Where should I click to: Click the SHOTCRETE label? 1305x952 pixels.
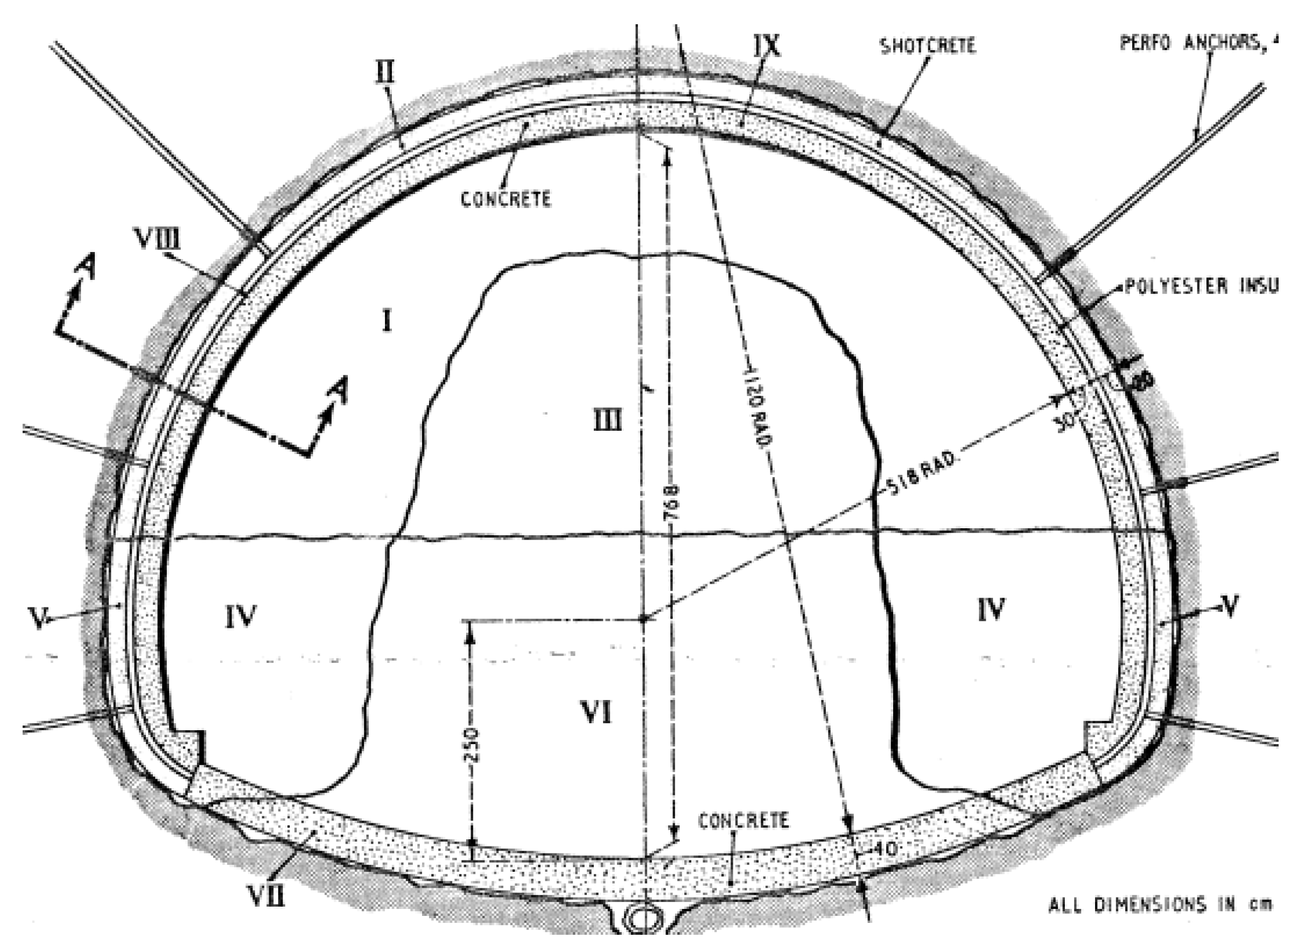coord(928,46)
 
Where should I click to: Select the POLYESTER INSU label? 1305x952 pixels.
coord(1201,286)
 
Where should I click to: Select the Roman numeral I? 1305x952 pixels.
coord(387,321)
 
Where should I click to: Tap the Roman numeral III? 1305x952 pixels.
coord(608,422)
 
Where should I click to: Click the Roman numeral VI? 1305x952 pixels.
coord(596,713)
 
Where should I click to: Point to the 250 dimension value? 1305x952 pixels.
coord(471,745)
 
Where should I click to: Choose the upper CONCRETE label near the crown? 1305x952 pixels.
coord(506,199)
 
